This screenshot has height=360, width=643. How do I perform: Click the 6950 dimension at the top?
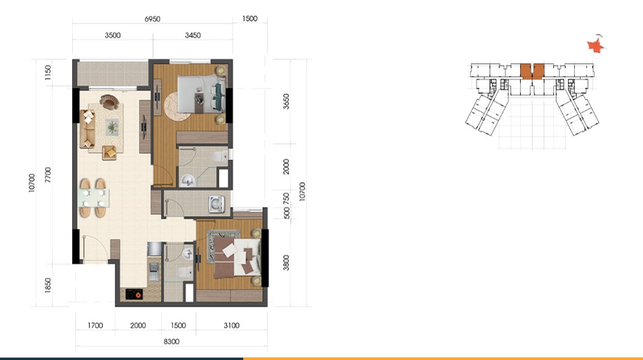(152, 19)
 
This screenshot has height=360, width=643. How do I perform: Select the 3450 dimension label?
(193, 35)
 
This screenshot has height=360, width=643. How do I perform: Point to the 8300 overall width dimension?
(171, 342)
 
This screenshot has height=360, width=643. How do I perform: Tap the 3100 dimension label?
(231, 326)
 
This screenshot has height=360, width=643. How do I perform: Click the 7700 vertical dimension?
(48, 175)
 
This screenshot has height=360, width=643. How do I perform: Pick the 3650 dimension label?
(286, 101)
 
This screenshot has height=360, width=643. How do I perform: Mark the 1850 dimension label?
(48, 285)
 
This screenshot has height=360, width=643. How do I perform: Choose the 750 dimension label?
(286, 199)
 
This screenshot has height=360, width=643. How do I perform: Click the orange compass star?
(596, 45)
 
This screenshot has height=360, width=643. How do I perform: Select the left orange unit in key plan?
(525, 71)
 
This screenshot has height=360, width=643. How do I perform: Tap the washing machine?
(216, 204)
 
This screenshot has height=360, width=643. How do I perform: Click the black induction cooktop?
(134, 294)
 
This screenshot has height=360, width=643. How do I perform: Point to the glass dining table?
(94, 198)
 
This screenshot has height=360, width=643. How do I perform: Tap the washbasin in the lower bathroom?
(187, 254)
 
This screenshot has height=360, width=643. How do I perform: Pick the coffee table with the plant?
(112, 127)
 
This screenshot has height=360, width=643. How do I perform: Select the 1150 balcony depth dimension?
(48, 72)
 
